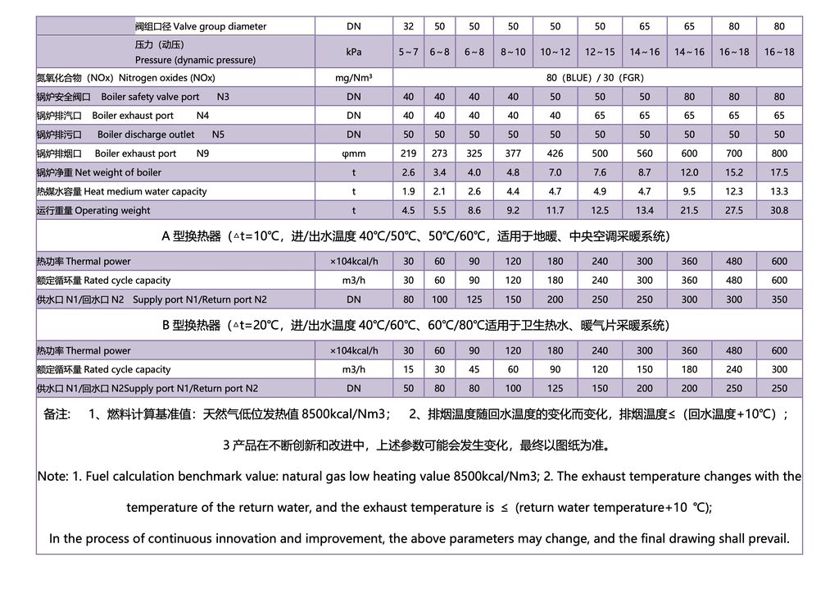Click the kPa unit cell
tap(354, 52)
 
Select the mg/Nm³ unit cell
tap(354, 78)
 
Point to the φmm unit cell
tap(354, 153)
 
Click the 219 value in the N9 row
tap(408, 153)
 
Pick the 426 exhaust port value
tap(555, 153)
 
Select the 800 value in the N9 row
tap(778, 153)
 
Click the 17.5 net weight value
tap(778, 172)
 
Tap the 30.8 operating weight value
tap(778, 210)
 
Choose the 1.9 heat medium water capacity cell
tap(408, 191)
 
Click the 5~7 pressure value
tap(408, 52)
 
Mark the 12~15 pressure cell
tap(600, 52)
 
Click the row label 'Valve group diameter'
tap(201, 26)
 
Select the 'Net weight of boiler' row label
tap(99, 172)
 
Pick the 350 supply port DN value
tap(778, 299)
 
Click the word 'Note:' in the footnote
tap(59, 477)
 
